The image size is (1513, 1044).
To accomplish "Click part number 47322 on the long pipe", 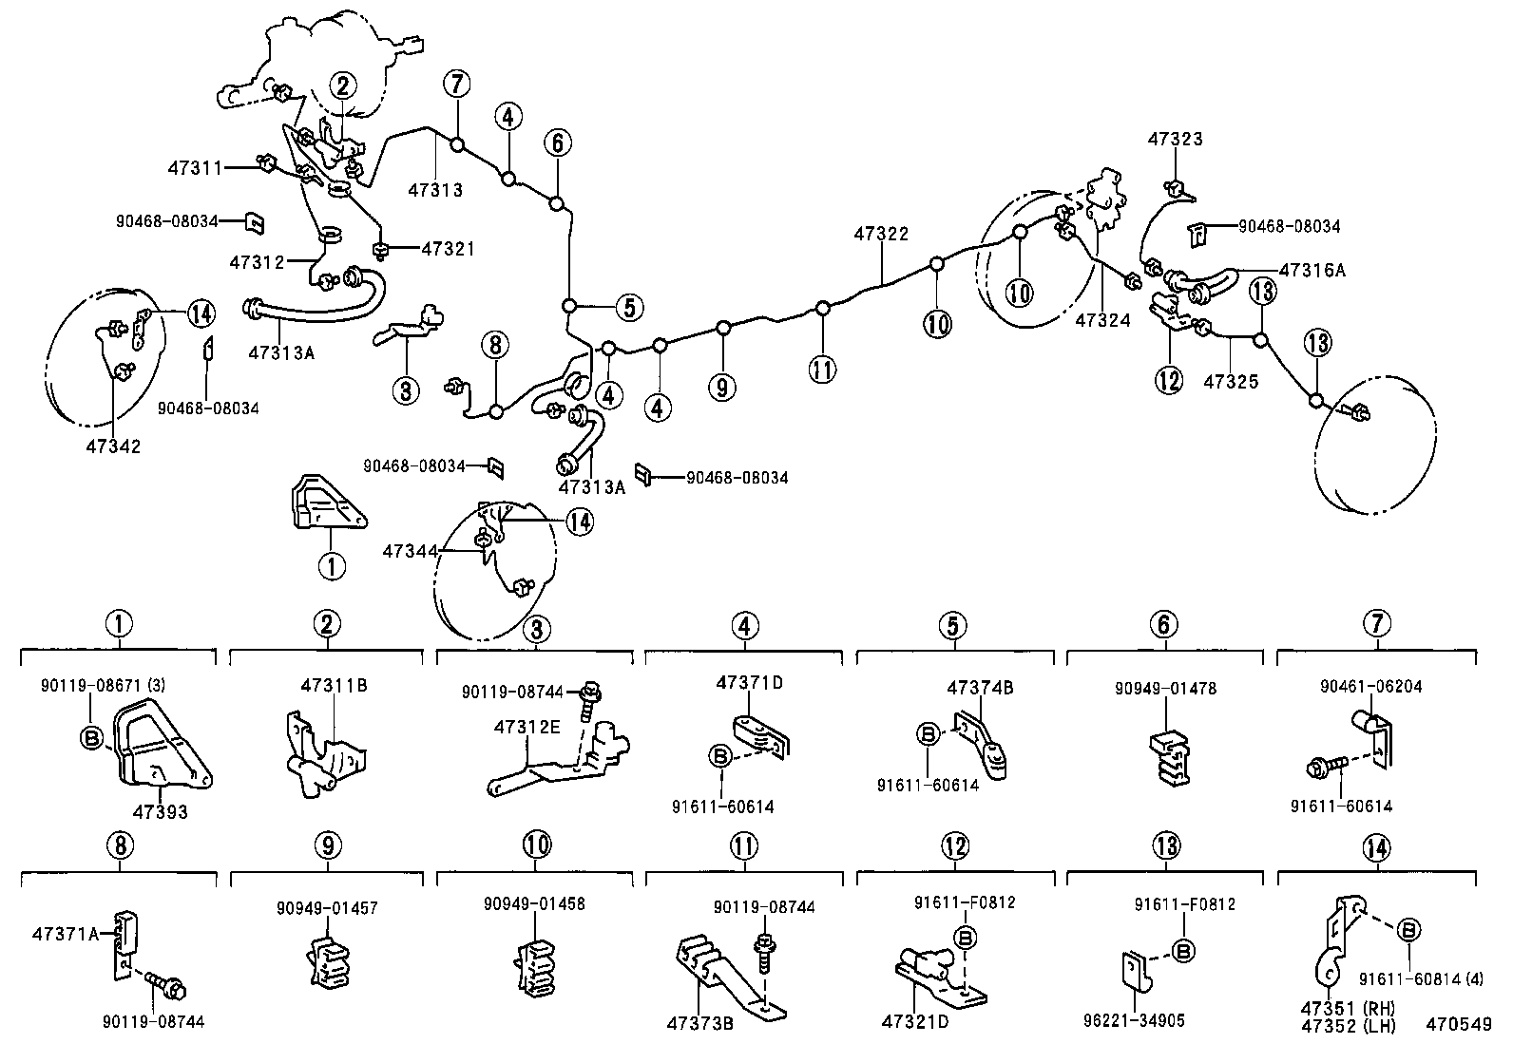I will coord(881,234).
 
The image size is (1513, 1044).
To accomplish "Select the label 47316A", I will coord(1312,270).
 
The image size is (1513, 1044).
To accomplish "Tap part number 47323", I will coord(1175,139).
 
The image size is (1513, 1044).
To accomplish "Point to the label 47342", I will coord(112,446).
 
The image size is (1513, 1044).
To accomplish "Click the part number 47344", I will coord(411,551).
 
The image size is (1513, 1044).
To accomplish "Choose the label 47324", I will coord(1102,321).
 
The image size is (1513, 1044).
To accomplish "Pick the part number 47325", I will coord(1231,382).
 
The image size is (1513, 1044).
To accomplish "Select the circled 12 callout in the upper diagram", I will coord(1168,380).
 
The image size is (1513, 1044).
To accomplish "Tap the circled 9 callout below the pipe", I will coord(722,387).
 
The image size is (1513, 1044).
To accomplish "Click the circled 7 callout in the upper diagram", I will coord(456,84).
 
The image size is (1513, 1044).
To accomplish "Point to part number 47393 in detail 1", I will coord(160,812).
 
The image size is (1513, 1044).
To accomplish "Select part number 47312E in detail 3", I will coord(526,728).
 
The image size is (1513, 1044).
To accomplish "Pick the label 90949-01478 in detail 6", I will coord(1164,689).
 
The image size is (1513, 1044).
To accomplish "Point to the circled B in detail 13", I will coord(1183,950).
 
